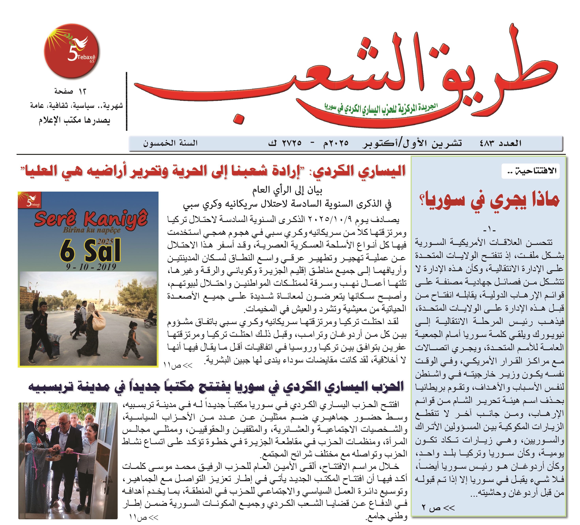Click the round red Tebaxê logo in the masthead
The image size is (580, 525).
(71, 51)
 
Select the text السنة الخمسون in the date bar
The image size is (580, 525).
(171, 143)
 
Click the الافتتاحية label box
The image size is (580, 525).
(530, 171)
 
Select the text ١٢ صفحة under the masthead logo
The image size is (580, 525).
(70, 91)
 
